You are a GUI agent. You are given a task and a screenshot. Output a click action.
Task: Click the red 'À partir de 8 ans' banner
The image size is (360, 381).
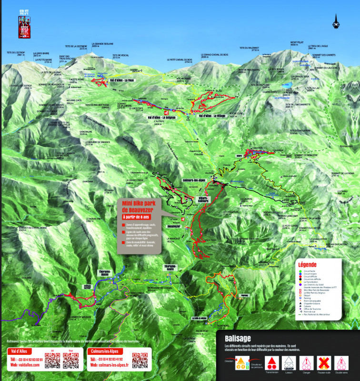point(138,217)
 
